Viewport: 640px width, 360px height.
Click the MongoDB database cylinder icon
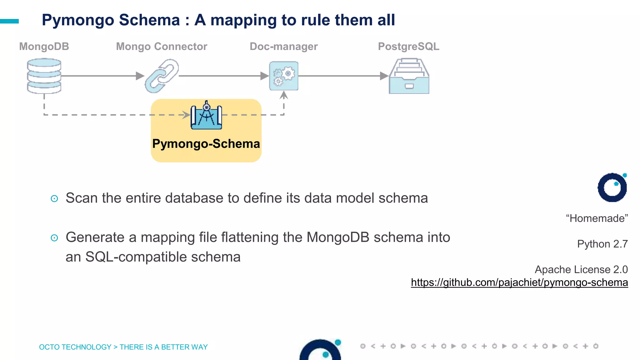point(44,76)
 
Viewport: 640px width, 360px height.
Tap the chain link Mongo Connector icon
point(162,76)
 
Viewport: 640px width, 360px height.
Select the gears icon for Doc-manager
point(284,76)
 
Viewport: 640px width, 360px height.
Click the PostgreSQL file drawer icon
point(409,76)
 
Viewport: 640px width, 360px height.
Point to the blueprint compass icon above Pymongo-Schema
point(206,116)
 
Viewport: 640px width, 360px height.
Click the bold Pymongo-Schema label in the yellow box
point(206,144)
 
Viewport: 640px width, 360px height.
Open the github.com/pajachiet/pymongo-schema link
point(519,282)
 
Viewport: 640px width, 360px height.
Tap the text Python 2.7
point(602,244)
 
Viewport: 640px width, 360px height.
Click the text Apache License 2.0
point(581,269)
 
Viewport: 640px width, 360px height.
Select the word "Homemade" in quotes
point(597,218)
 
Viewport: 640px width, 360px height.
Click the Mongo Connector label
point(162,47)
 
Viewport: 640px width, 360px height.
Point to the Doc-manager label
point(283,47)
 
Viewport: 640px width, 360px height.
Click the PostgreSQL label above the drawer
point(408,47)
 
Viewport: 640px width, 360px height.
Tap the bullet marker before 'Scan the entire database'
point(54,199)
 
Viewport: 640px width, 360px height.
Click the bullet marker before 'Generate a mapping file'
point(54,238)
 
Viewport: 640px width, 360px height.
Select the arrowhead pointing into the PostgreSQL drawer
point(384,76)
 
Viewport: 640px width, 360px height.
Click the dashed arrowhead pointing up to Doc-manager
point(284,95)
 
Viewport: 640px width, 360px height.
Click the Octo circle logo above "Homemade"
point(612,187)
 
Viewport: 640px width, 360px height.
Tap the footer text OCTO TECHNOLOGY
point(75,347)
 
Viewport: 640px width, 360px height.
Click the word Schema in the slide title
point(149,20)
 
